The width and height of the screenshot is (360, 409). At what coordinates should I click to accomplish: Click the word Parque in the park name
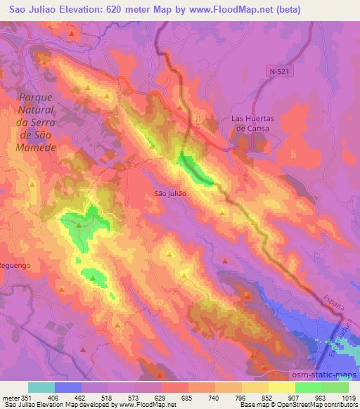click(x=36, y=97)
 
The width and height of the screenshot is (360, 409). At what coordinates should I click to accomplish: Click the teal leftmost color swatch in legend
click(x=41, y=387)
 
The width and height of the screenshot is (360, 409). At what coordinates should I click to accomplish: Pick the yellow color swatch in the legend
click(x=282, y=387)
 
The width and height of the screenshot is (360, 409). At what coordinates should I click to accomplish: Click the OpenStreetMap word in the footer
click(x=295, y=405)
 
